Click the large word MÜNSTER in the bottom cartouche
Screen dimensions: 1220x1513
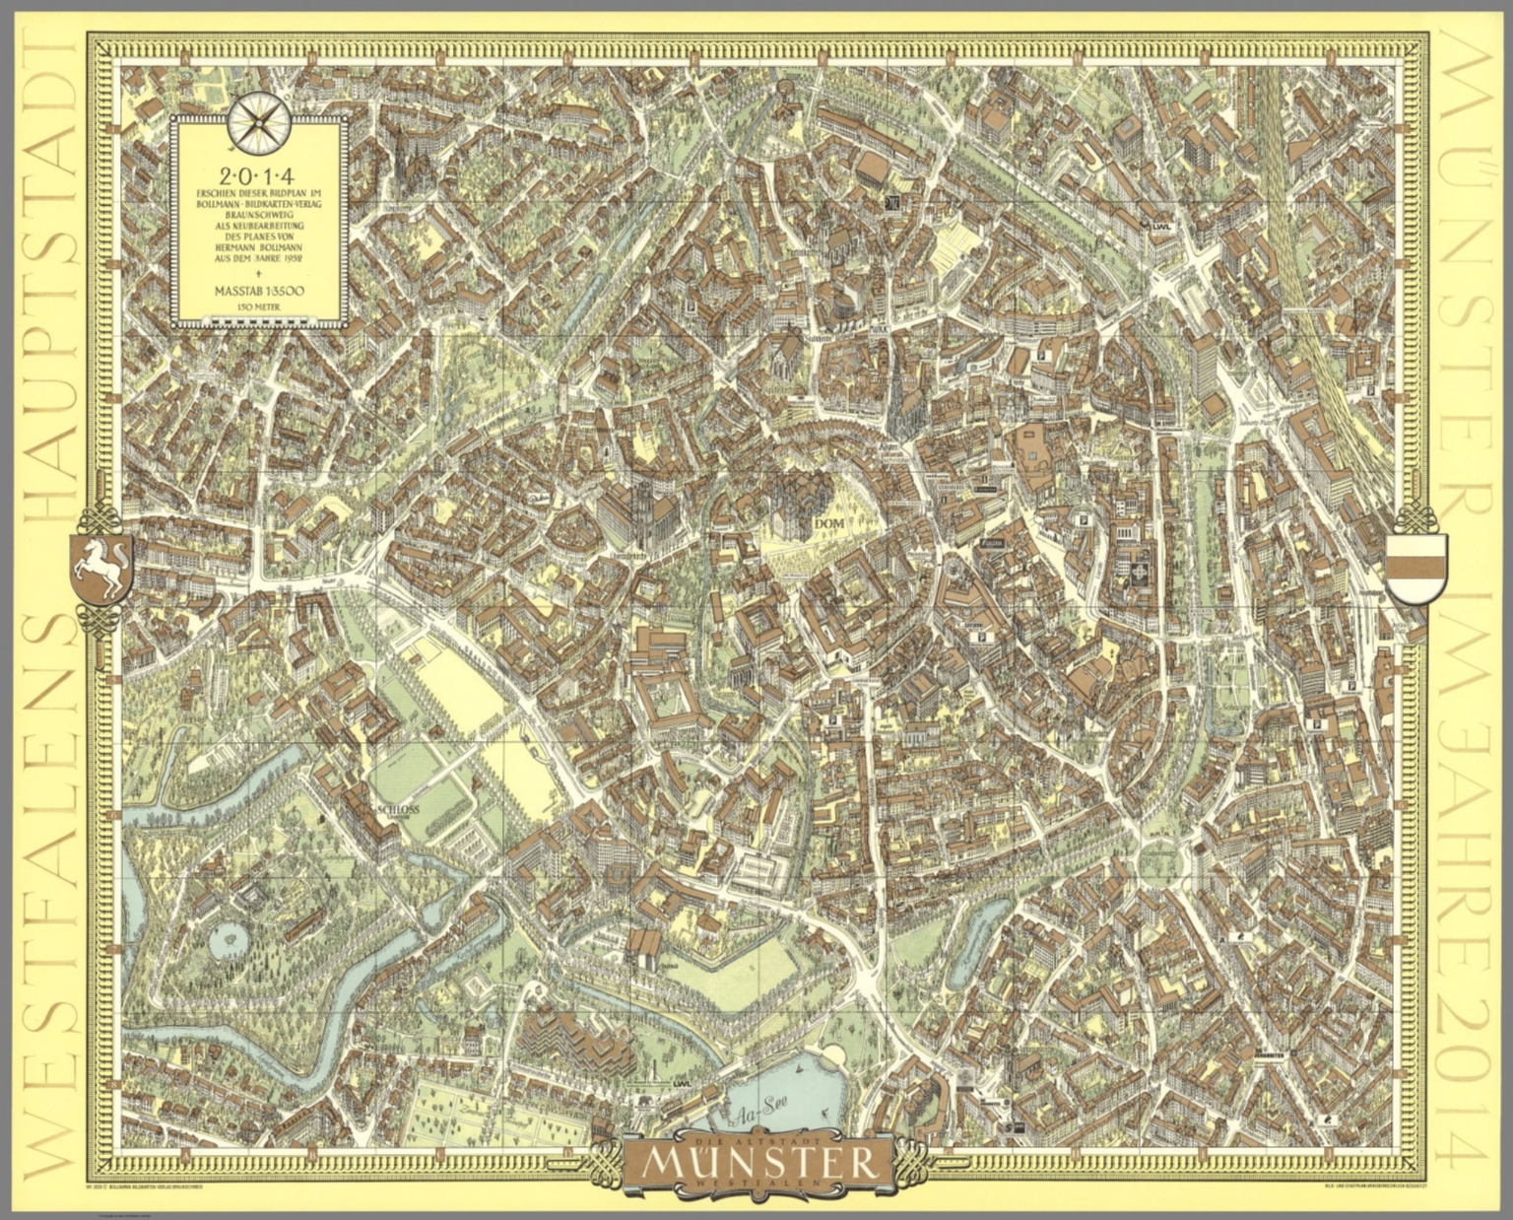click(756, 1163)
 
